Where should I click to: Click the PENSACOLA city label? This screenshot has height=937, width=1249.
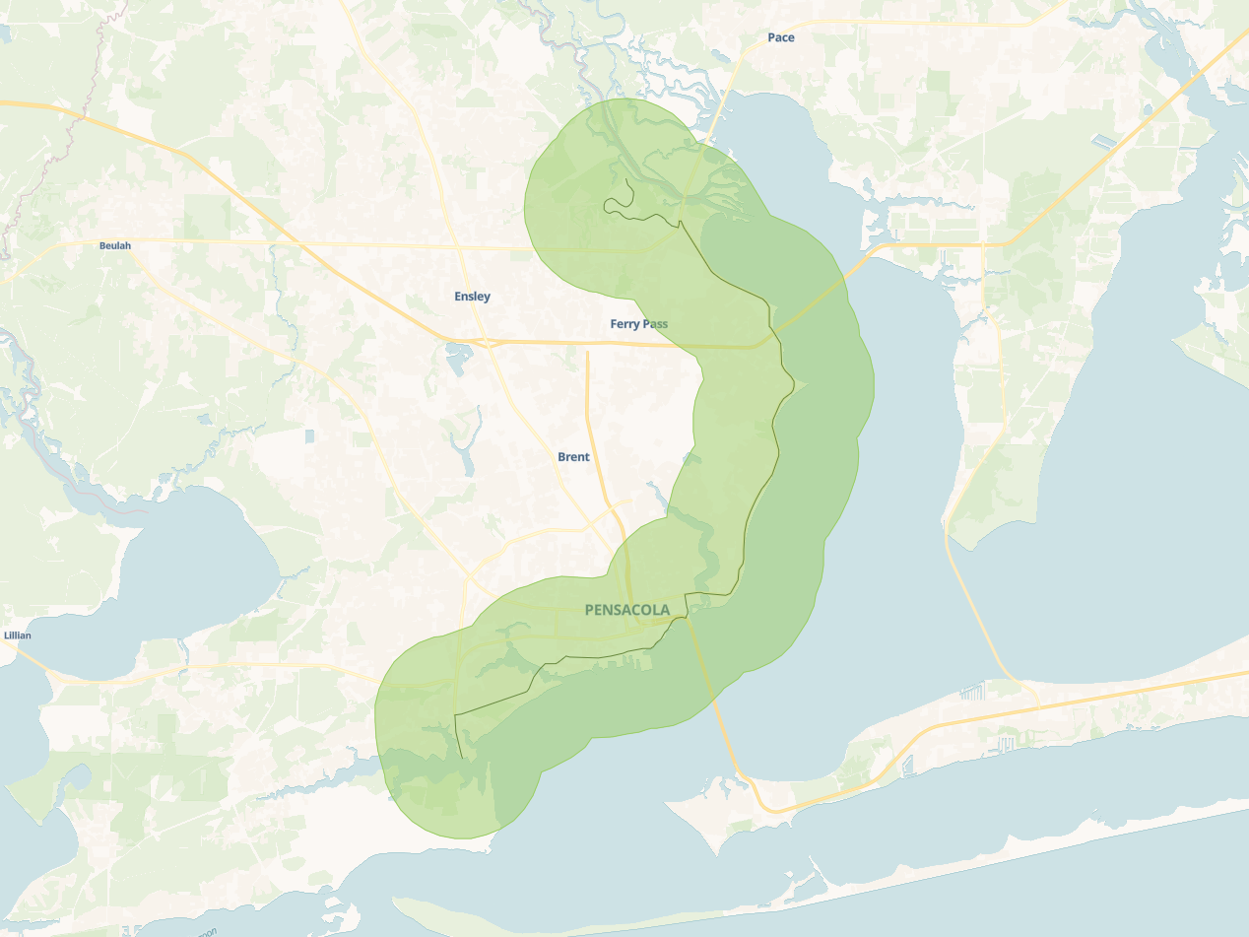626,610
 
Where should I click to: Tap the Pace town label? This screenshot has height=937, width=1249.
781,37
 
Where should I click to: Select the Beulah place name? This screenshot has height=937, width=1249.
114,245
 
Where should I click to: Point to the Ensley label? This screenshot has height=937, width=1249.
472,296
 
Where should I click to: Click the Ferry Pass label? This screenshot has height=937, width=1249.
639,323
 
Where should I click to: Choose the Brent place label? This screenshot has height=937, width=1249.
573,457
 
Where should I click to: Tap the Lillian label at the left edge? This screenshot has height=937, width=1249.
17,636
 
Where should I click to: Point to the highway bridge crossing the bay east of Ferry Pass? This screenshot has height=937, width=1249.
813,306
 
